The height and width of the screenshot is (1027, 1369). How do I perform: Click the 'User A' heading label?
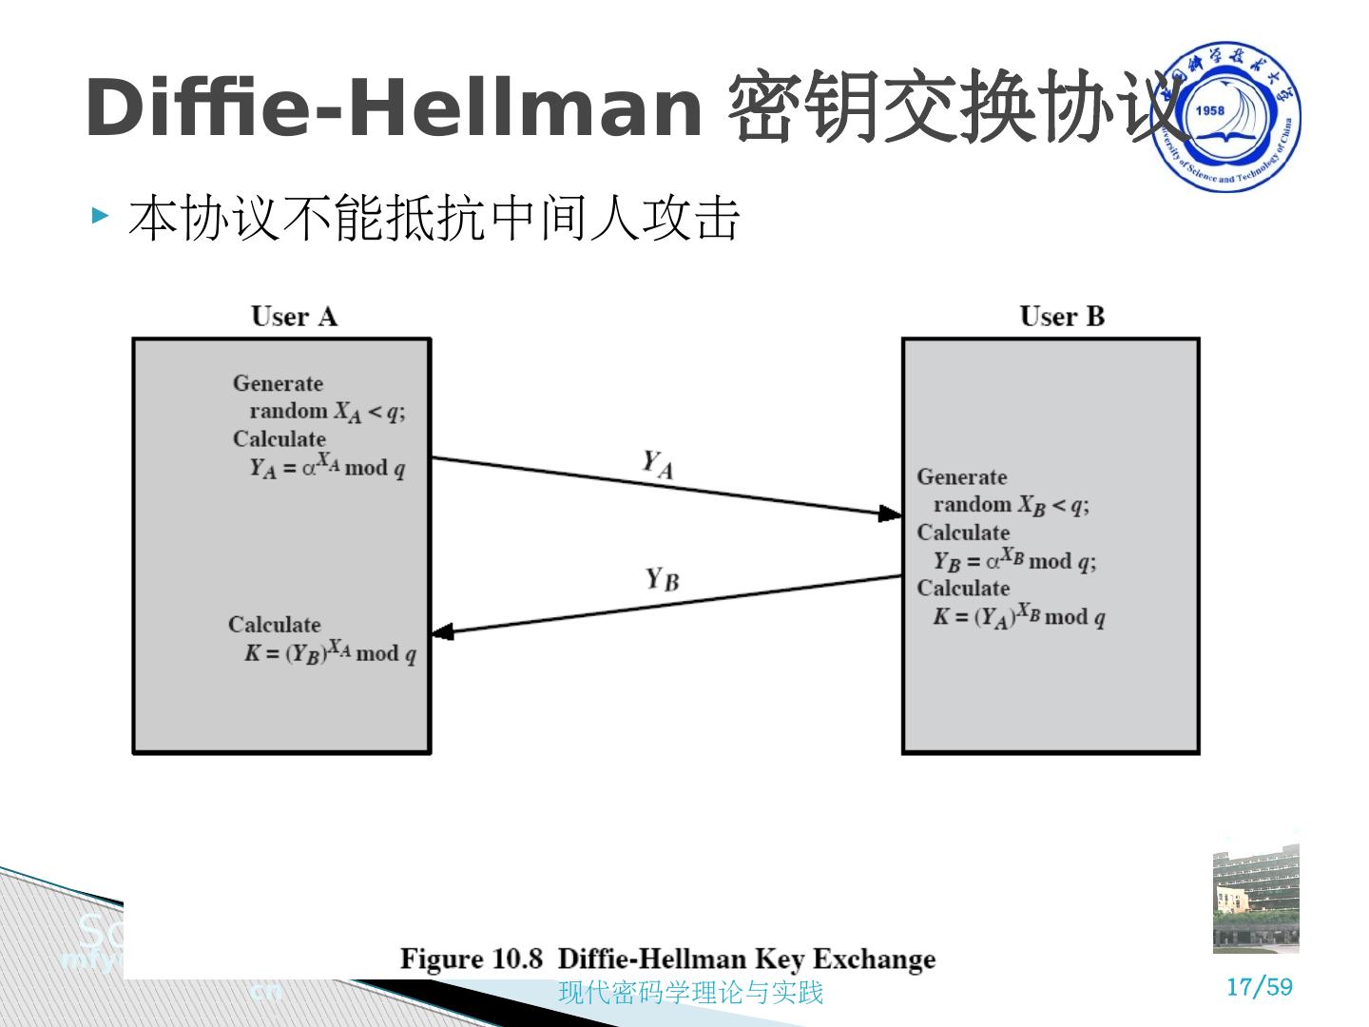294,317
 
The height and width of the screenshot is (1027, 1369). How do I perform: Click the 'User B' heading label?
1062,317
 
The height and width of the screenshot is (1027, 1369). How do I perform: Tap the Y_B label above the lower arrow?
663,578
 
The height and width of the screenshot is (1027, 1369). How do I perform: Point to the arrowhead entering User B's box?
890,514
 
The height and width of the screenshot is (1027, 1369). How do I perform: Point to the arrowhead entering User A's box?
442,631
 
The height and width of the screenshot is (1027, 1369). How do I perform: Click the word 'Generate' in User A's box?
278,383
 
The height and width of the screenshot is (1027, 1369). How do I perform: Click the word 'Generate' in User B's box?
961,477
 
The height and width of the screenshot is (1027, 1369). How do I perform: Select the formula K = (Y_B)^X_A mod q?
330,652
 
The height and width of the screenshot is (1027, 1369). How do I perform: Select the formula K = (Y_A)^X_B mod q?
1018,616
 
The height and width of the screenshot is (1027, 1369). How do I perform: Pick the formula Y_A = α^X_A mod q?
327,466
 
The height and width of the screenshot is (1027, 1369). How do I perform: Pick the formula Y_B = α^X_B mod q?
1014,560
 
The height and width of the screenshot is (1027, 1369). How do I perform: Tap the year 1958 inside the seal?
1209,111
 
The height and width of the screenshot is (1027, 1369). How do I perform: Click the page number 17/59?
1260,987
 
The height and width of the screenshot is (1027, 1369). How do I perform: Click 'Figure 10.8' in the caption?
471,959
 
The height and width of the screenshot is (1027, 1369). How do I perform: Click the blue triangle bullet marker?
101,216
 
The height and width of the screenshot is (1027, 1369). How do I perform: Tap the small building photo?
1255,898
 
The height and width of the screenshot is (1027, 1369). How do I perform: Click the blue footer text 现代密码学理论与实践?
690,993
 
